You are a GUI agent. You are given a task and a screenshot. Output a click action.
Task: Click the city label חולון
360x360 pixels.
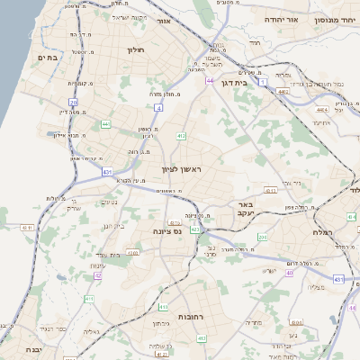137,50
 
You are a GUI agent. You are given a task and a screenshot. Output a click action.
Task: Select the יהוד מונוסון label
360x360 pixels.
337,19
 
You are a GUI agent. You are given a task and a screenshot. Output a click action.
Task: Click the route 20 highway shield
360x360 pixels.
74,103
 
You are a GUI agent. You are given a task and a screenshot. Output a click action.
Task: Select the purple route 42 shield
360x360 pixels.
98,276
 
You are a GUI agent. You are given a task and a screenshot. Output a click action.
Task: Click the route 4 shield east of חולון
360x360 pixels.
158,107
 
